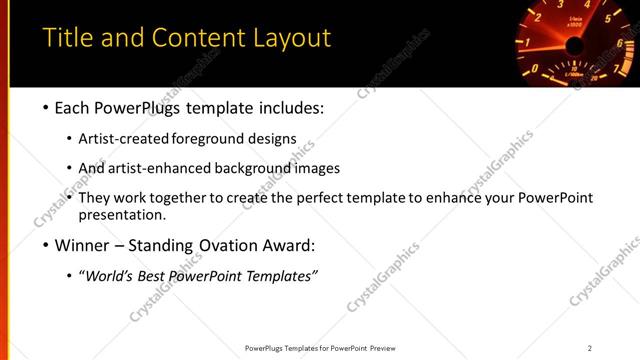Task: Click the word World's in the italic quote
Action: pos(111,275)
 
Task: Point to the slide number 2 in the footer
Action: pos(590,348)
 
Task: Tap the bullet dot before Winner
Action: pos(47,245)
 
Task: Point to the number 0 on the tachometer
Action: pos(534,71)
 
